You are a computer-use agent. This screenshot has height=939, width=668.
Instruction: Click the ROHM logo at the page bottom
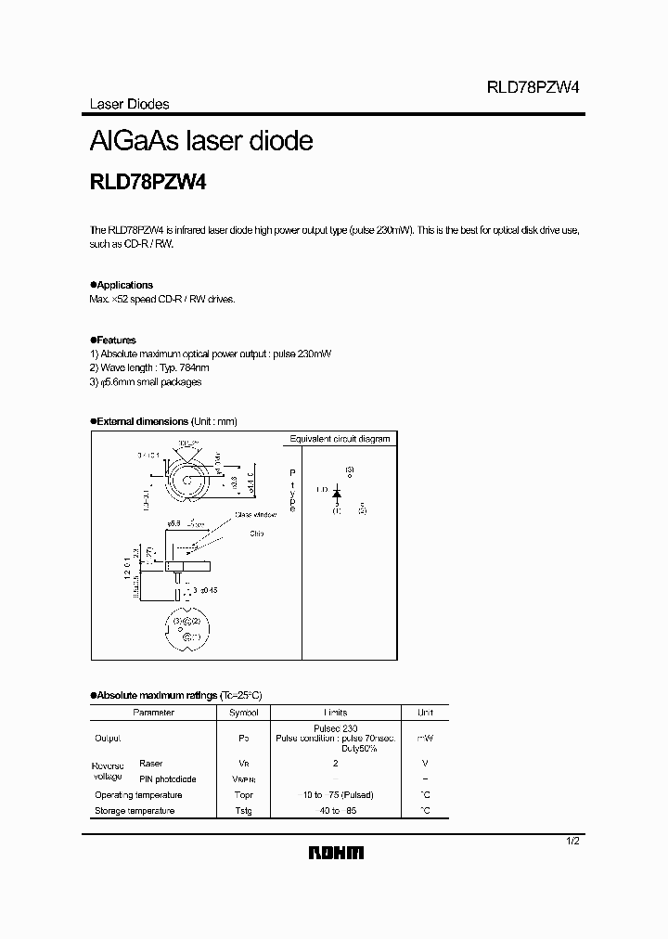click(x=337, y=853)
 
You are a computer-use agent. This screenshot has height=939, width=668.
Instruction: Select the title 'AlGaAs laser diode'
click(x=201, y=141)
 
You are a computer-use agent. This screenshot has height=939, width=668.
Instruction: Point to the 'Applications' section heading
click(x=124, y=285)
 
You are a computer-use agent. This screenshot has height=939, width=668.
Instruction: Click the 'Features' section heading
click(x=116, y=341)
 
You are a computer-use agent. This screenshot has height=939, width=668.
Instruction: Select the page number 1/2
click(x=572, y=841)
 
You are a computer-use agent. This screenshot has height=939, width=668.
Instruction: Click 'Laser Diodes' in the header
click(x=129, y=105)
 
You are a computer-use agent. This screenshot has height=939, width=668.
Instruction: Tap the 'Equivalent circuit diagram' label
click(x=340, y=439)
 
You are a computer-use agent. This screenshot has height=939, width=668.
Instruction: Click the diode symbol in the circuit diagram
click(x=337, y=489)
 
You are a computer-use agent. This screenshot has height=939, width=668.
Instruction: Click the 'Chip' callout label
click(x=257, y=534)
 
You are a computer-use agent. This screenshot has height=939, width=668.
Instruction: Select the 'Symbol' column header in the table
click(x=243, y=713)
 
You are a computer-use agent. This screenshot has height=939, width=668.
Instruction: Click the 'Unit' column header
click(x=425, y=713)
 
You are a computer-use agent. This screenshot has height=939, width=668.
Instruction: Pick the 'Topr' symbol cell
click(x=243, y=795)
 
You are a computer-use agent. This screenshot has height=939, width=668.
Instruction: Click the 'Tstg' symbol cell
click(x=243, y=811)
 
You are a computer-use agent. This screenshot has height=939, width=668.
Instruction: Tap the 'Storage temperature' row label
click(x=135, y=811)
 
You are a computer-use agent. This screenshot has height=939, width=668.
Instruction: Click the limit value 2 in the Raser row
click(x=335, y=763)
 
